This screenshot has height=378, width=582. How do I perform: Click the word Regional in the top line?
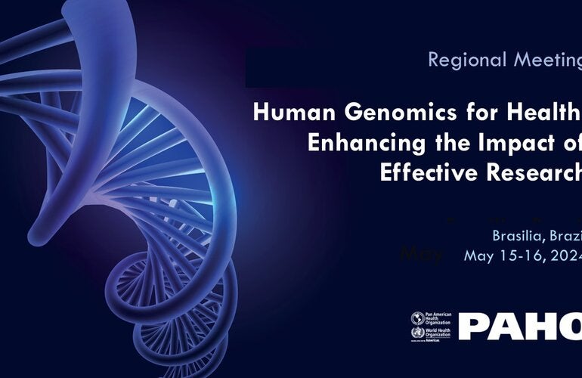pyautogui.click(x=461, y=60)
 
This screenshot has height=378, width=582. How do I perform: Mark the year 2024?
pyautogui.click(x=568, y=256)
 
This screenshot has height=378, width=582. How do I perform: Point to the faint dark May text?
pyautogui.click(x=422, y=253)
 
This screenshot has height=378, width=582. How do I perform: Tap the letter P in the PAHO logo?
pyautogui.click(x=475, y=327)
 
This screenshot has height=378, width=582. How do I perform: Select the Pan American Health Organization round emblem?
pyautogui.click(x=416, y=318)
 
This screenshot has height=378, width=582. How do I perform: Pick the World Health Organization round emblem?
pyautogui.click(x=416, y=333)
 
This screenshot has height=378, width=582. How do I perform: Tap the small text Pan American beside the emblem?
pyautogui.click(x=438, y=313)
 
